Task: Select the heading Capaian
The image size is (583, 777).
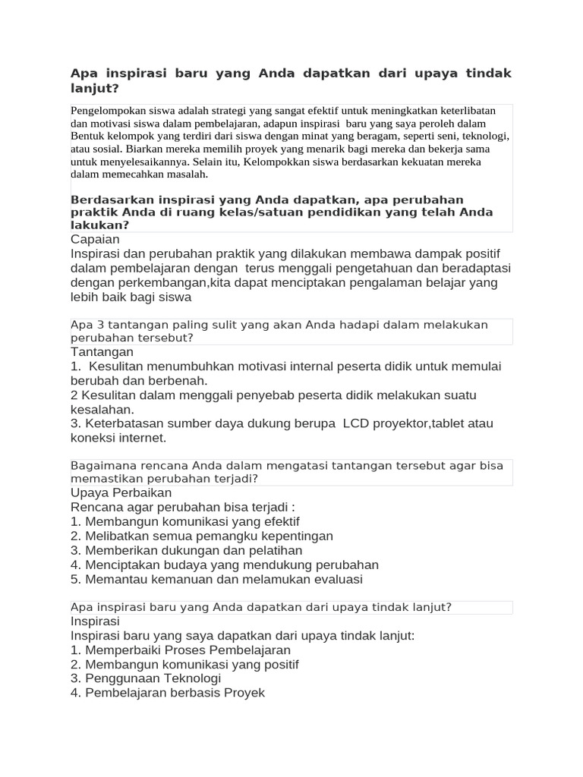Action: tap(95, 240)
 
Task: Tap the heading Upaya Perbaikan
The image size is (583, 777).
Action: tap(121, 492)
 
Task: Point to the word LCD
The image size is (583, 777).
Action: tap(355, 423)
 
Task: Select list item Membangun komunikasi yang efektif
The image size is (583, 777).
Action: tap(184, 521)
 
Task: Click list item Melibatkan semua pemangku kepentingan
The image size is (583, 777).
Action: tap(201, 536)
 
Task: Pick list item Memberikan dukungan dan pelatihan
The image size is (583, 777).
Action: tap(186, 550)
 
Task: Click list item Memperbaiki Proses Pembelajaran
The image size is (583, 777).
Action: tap(180, 650)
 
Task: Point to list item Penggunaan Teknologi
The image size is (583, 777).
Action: tap(145, 678)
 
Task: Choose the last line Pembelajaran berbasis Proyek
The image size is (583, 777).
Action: tap(167, 693)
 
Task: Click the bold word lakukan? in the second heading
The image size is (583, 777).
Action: tap(99, 225)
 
